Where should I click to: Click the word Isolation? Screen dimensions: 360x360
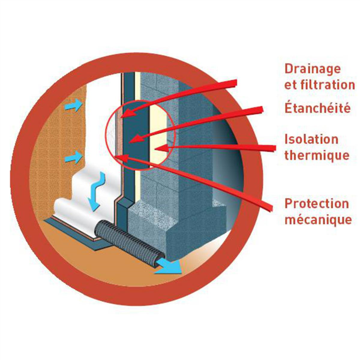311,139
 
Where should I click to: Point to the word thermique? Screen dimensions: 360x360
316,155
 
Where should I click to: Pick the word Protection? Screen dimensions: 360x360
316,203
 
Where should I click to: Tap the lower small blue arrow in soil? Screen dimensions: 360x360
73,158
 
